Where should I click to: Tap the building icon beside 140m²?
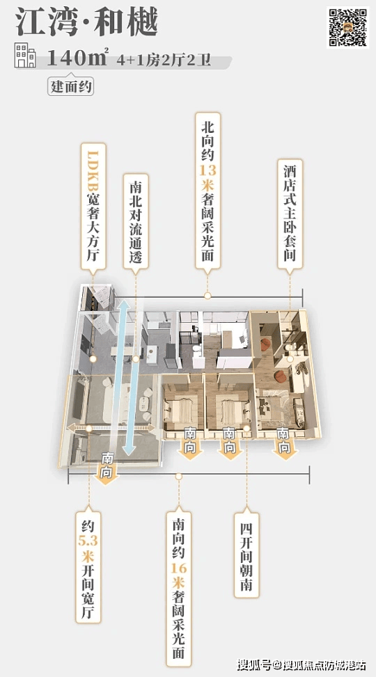[25, 55]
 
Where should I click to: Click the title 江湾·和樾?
[86, 22]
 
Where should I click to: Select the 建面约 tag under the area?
[70, 87]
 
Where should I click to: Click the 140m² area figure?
[77, 57]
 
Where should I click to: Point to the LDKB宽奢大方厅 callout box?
[93, 207]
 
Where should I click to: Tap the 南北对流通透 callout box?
[136, 223]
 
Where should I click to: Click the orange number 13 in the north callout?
[208, 169]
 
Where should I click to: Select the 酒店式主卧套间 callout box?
[290, 214]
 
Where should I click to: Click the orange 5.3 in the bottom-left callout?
[88, 541]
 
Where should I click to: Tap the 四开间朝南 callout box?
[246, 555]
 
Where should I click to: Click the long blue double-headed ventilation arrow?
[127, 377]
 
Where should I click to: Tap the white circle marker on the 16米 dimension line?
[178, 476]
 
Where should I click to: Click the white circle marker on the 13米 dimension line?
[207, 296]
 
